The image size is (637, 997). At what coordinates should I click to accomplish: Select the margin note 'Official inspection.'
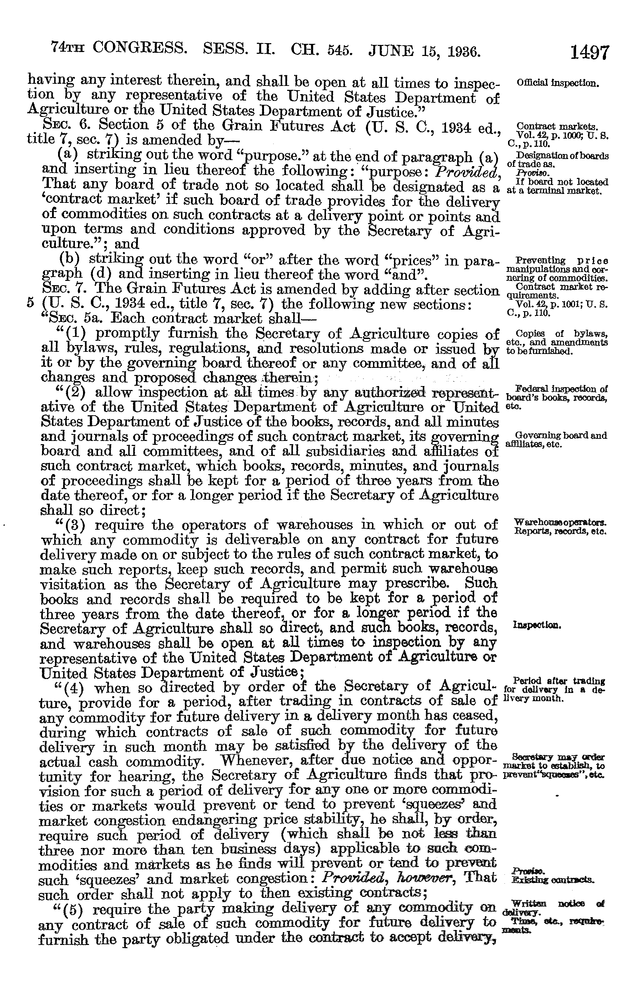click(557, 83)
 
